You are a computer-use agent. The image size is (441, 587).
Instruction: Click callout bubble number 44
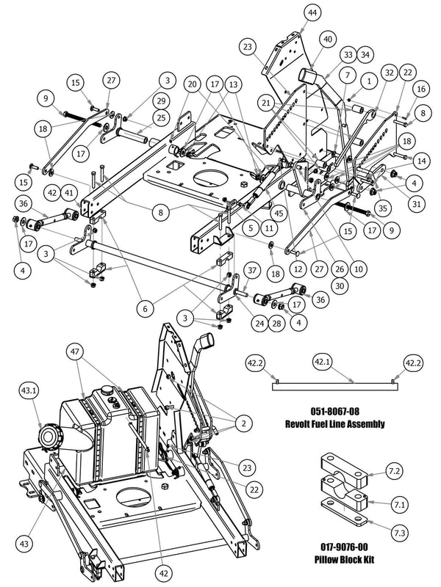tap(312, 13)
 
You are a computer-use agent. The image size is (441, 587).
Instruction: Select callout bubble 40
tap(327, 40)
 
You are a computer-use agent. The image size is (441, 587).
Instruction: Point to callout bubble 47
tap(75, 351)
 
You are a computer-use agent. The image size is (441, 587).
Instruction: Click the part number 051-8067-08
tap(334, 412)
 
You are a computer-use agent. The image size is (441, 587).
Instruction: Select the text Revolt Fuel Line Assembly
tap(334, 424)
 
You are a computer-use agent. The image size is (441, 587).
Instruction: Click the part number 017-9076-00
tap(344, 547)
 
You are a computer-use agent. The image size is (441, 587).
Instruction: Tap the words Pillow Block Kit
tap(344, 560)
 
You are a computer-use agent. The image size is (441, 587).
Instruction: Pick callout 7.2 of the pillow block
tap(394, 471)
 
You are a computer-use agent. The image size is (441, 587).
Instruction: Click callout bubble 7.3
tap(399, 533)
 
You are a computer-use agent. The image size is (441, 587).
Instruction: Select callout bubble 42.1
tap(322, 362)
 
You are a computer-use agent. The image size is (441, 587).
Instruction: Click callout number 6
tap(145, 309)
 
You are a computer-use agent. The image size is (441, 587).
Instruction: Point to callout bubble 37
tap(252, 270)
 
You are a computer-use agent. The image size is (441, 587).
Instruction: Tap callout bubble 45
tap(279, 214)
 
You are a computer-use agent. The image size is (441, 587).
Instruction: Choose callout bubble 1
tap(369, 81)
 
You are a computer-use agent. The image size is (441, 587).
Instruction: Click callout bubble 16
tap(421, 89)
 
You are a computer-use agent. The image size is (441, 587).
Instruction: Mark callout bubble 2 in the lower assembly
tap(244, 423)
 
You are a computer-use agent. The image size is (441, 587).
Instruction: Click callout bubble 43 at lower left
tap(24, 543)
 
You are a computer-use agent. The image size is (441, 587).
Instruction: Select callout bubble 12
tap(298, 269)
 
